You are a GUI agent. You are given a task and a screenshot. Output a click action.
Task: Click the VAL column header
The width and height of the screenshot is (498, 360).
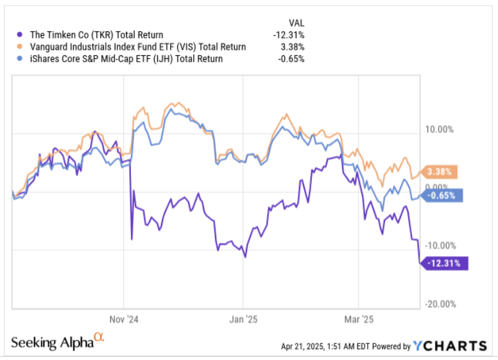(296, 22)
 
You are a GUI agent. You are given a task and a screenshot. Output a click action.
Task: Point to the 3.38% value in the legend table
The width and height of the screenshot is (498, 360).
(292, 47)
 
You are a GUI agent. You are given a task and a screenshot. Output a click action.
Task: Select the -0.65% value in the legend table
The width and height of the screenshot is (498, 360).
(290, 59)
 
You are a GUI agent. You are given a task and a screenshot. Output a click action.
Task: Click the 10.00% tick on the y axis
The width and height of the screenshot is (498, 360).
(440, 128)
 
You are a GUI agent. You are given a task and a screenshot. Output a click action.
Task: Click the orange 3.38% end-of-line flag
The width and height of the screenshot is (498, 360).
(440, 171)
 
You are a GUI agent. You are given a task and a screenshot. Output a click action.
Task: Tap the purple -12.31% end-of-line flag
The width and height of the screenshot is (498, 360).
(445, 262)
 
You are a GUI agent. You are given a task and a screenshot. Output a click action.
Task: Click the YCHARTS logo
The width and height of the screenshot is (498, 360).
(449, 346)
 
